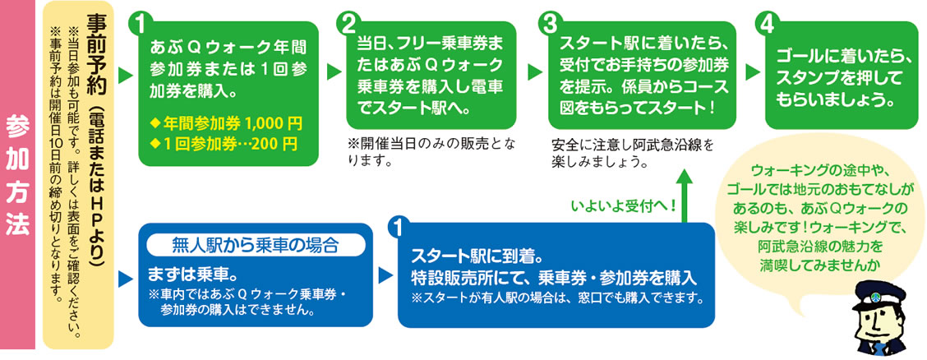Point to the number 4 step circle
[767, 24]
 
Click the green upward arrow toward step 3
[685, 195]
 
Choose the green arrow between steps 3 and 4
[753, 72]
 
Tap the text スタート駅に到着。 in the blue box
[477, 258]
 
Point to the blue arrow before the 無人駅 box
[126, 279]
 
